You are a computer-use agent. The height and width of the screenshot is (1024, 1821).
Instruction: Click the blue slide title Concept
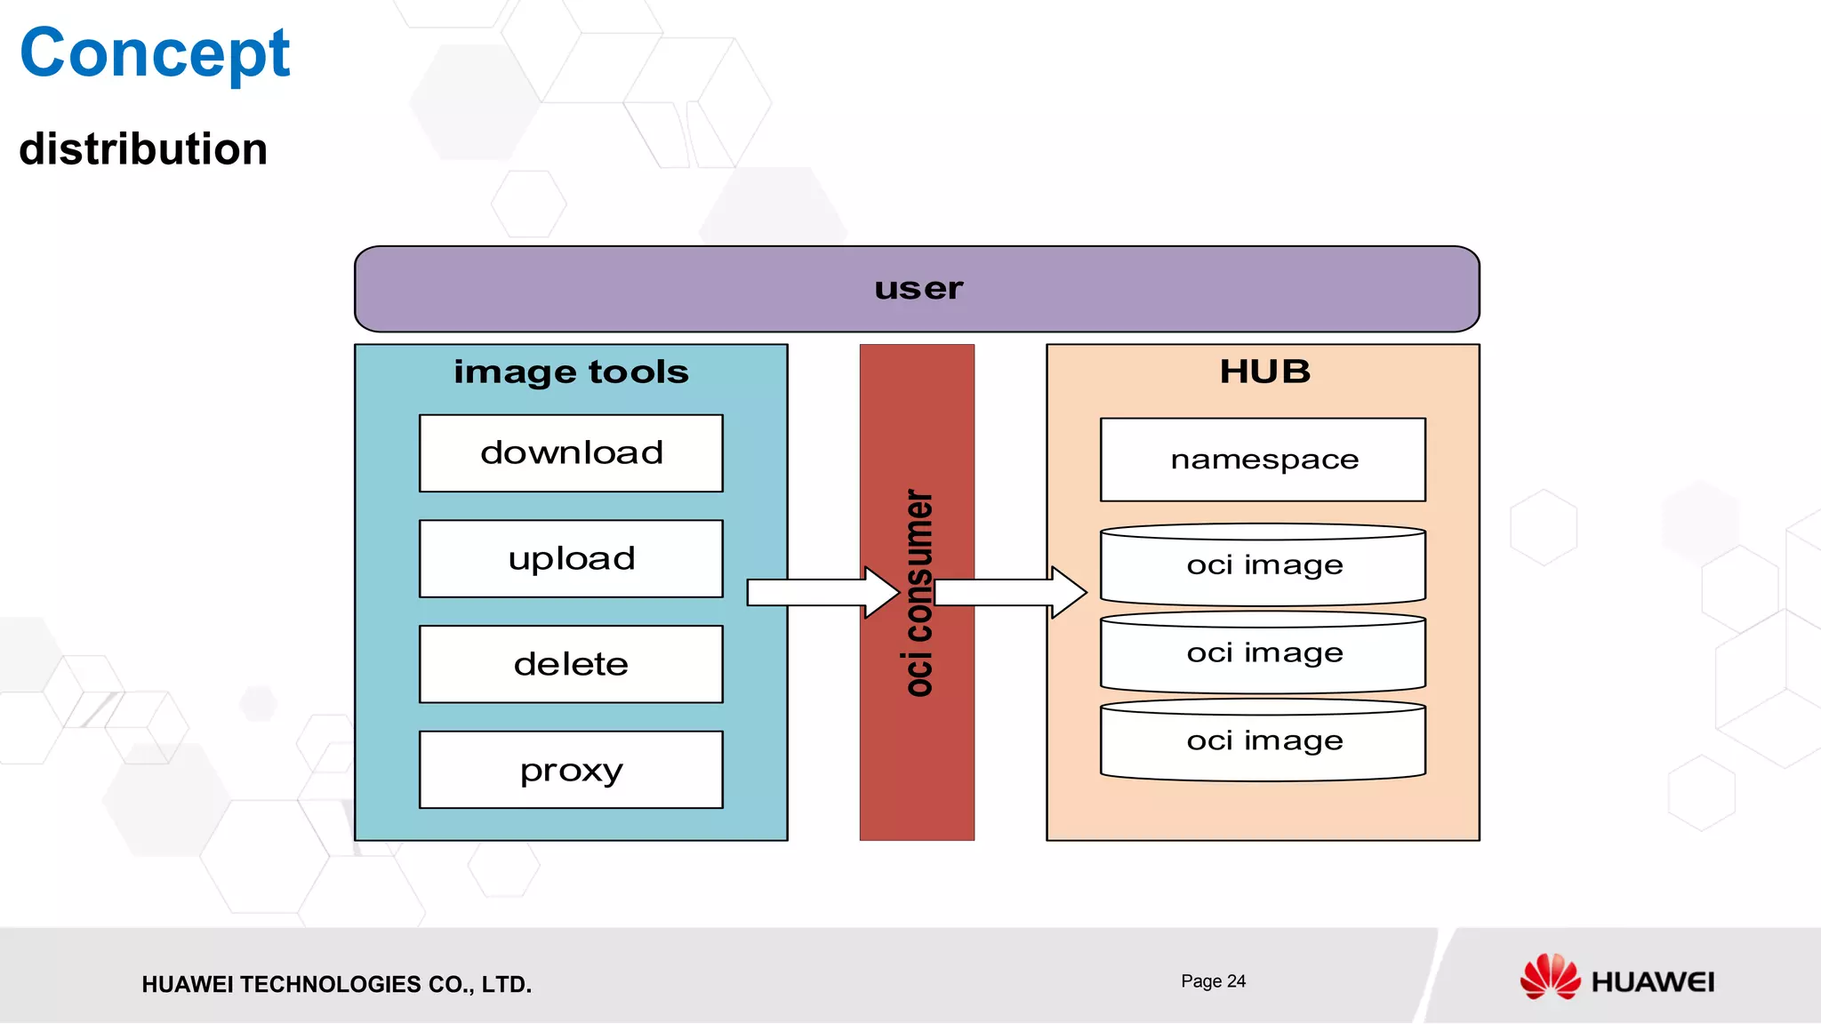[155, 53]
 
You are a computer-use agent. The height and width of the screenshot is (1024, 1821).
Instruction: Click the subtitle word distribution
[143, 148]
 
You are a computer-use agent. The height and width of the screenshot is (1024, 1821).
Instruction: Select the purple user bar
[917, 289]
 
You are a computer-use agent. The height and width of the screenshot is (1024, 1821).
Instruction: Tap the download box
[571, 453]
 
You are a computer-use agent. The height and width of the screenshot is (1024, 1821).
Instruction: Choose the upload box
[571, 559]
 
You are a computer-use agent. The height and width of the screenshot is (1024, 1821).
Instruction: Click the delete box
[571, 664]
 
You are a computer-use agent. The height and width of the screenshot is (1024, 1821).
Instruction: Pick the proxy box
[571, 770]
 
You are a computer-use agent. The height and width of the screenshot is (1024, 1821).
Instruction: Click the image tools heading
[571, 372]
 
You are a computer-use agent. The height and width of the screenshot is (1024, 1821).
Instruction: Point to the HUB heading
[1263, 372]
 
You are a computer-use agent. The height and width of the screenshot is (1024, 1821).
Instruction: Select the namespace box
[1263, 460]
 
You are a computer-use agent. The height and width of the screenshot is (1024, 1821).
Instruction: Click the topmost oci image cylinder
[1263, 565]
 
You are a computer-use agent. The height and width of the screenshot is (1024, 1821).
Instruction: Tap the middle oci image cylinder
[1263, 653]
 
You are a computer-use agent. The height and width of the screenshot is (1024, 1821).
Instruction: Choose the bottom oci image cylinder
[1263, 741]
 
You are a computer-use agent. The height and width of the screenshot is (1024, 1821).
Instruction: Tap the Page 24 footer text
[1213, 981]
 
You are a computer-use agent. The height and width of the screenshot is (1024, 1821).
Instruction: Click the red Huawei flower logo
[1549, 977]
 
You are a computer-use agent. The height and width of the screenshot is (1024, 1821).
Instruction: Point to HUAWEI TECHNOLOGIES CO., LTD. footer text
[336, 984]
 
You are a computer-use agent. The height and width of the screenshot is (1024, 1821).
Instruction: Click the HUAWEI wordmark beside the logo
[1652, 982]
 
